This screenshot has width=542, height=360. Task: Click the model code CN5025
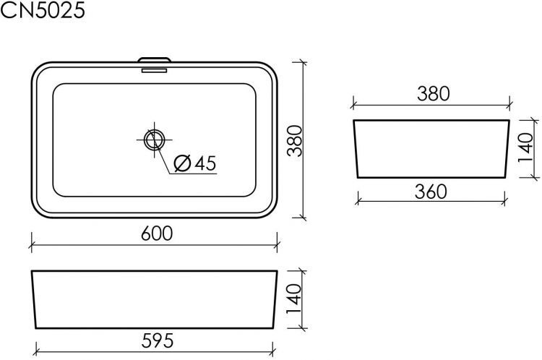(43, 11)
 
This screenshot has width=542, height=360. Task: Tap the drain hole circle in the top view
(154, 140)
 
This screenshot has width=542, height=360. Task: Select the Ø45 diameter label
(194, 164)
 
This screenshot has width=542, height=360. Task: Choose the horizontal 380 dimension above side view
(433, 93)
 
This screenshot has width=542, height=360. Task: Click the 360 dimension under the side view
(432, 192)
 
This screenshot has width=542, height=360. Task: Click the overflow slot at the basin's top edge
(154, 69)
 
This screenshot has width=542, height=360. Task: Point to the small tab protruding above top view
(154, 59)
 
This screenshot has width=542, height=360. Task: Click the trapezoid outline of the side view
(432, 148)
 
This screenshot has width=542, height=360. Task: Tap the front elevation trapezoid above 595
(154, 299)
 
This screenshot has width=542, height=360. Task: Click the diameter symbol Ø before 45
(182, 164)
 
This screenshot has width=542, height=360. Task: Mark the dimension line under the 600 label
(154, 246)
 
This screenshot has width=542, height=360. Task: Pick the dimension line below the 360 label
(432, 202)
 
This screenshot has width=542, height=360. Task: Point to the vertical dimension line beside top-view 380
(302, 140)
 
